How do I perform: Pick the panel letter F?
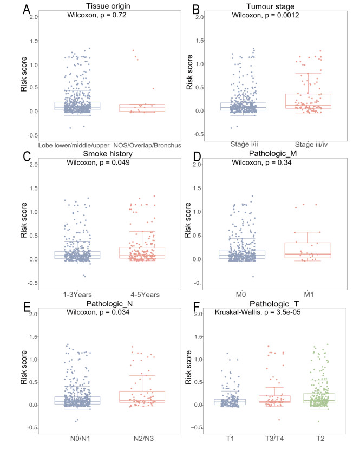197,308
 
